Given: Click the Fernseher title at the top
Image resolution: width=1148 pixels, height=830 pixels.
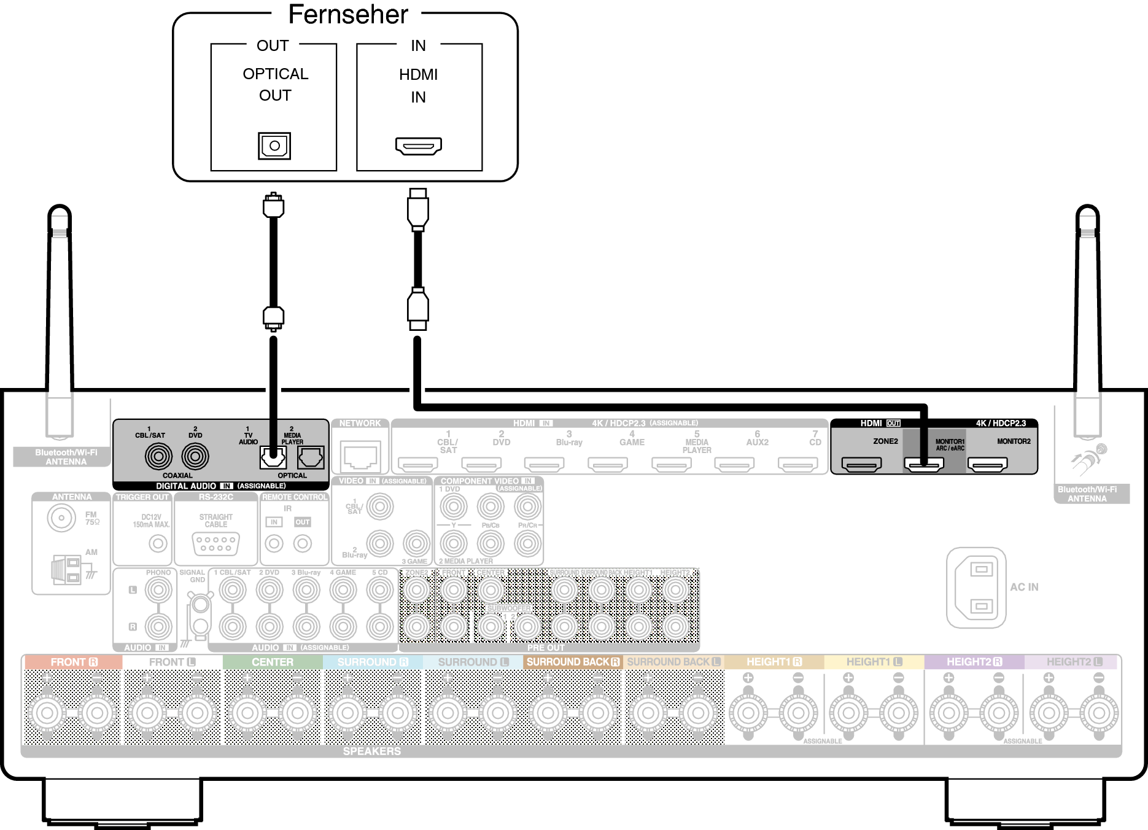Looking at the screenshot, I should [348, 15].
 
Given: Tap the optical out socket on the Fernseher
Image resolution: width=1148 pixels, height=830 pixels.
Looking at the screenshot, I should [274, 146].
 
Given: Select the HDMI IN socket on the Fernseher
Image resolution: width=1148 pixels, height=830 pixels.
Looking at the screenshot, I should [419, 146].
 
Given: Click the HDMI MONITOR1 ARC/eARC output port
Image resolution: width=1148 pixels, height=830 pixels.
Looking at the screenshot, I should [924, 464].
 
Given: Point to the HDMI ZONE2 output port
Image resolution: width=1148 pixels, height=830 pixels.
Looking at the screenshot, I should [861, 464].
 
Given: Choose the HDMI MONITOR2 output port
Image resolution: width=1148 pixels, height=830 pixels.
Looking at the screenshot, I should [987, 464].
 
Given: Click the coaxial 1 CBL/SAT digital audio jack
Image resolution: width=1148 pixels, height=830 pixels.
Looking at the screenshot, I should [158, 456].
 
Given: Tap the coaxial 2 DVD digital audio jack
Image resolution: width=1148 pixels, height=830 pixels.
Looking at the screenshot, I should [195, 456].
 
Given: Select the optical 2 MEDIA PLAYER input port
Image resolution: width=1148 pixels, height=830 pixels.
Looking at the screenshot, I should [311, 457].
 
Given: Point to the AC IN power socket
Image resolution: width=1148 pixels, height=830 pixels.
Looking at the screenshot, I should [976, 588].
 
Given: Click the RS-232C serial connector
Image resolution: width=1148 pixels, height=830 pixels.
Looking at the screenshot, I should [215, 543].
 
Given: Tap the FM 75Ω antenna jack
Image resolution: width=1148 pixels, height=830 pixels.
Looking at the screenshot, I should [61, 518].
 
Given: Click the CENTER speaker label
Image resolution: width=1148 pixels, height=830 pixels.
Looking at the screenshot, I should [273, 662].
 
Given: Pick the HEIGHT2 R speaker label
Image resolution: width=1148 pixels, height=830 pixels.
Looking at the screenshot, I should [974, 662].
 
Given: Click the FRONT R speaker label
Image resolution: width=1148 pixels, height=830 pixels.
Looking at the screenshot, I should [74, 662].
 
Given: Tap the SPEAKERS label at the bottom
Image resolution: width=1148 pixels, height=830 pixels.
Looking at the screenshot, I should [372, 751].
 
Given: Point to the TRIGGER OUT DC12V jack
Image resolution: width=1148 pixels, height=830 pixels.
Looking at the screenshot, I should [158, 543].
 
